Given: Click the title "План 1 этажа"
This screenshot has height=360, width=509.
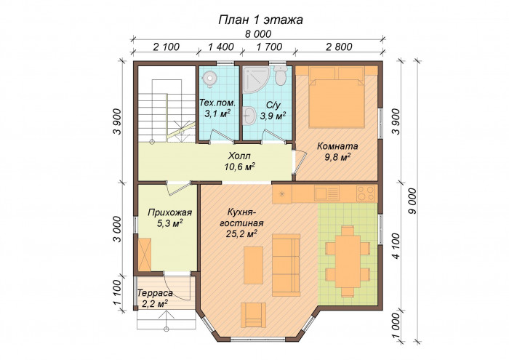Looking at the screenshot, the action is click(x=260, y=20).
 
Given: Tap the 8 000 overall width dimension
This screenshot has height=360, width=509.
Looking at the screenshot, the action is click(x=258, y=33).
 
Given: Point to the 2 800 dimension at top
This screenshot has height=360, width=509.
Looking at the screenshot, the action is click(x=339, y=47).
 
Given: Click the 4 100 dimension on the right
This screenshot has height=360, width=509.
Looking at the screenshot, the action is click(x=396, y=246).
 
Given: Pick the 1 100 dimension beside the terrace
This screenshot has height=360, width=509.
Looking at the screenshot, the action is click(x=118, y=292).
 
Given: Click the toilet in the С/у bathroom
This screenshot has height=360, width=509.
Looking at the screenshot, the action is click(x=280, y=76).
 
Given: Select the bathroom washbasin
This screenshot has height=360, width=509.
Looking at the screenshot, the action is click(x=249, y=116).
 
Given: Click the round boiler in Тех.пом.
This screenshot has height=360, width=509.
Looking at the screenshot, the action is click(x=209, y=79).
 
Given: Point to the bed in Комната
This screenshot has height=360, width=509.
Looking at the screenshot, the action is click(x=336, y=97).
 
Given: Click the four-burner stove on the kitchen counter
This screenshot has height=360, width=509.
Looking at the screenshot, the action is click(x=366, y=193).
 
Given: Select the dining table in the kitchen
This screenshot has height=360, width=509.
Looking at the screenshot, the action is click(x=348, y=261).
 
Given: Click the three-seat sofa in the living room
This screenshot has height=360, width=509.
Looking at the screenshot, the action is click(x=286, y=265).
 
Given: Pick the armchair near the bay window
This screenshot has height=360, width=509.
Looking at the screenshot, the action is click(x=253, y=315).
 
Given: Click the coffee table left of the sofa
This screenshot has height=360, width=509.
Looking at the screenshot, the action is click(x=253, y=265).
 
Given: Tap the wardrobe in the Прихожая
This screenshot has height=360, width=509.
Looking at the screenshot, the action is click(x=145, y=254).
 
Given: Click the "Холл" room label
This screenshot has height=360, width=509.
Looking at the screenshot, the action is click(x=239, y=156).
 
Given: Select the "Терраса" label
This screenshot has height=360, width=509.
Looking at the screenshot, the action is click(x=155, y=293).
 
